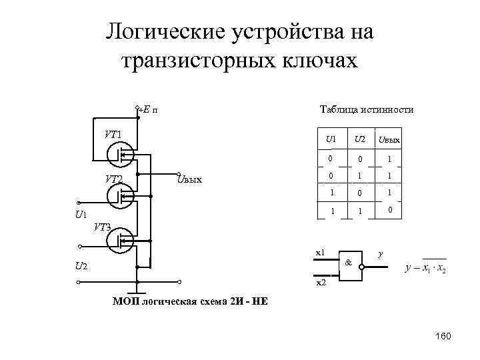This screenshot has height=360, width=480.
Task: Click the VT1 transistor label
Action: click(112, 134)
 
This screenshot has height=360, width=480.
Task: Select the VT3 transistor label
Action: click(102, 227)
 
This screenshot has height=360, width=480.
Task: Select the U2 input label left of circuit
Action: click(81, 266)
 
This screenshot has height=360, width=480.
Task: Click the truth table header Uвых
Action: click(389, 140)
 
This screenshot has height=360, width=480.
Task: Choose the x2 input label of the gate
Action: click(320, 283)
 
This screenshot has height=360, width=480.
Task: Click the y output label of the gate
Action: click(380, 253)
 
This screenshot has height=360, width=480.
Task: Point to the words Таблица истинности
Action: click(366, 110)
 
